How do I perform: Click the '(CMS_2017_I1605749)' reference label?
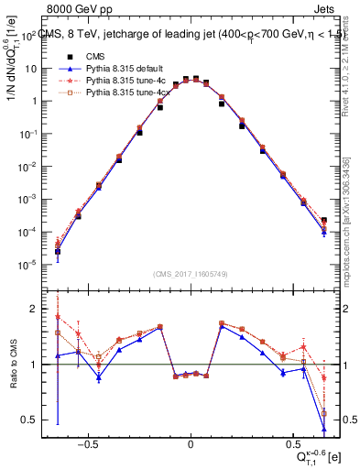[190, 275]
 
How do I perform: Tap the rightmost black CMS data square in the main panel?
[324, 220]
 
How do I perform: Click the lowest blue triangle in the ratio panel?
[324, 428]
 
